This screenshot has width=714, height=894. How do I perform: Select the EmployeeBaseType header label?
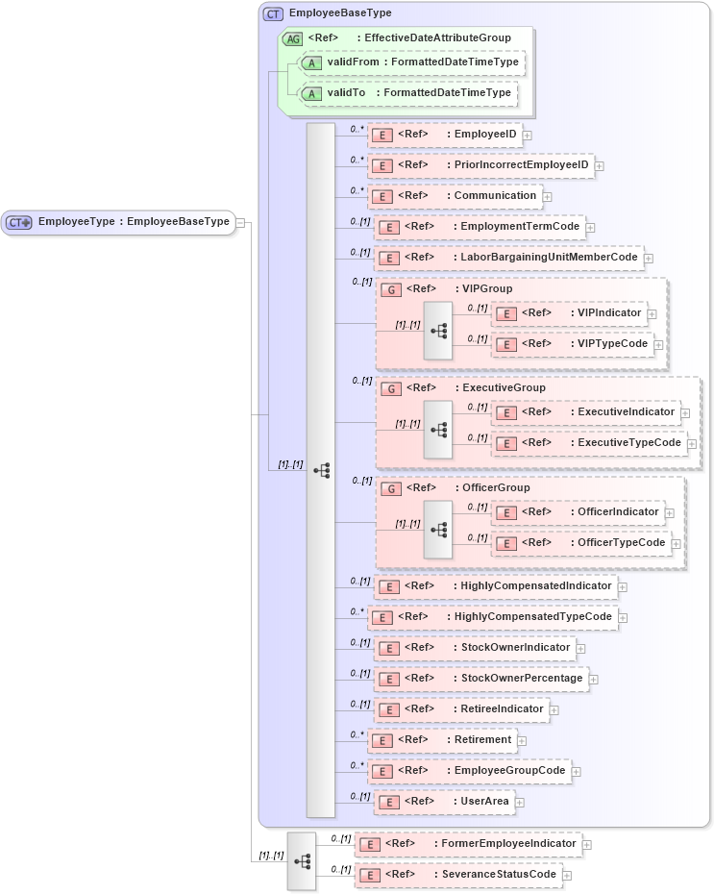coord(326,13)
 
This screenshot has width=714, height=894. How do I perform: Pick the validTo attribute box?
coord(408,93)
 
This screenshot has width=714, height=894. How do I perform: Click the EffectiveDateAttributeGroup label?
coord(436,38)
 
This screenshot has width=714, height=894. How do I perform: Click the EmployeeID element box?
coord(445,136)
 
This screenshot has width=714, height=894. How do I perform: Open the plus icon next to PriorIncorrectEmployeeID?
coord(600,166)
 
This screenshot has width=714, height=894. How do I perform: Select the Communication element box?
coord(455,196)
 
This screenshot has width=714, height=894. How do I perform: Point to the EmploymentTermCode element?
coord(480,227)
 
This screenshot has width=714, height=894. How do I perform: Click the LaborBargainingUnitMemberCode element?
coord(508,258)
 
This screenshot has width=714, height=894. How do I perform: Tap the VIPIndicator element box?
coord(568,313)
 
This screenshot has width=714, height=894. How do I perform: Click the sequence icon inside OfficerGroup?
coord(438,530)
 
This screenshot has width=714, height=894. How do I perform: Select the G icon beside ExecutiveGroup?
coord(391,388)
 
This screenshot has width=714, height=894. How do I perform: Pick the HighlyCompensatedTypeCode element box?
coord(494,617)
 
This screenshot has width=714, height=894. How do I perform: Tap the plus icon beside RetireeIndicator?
coord(554,710)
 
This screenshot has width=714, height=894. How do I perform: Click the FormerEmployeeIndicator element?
coord(468,844)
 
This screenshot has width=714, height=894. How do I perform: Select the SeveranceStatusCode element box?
coord(458,875)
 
